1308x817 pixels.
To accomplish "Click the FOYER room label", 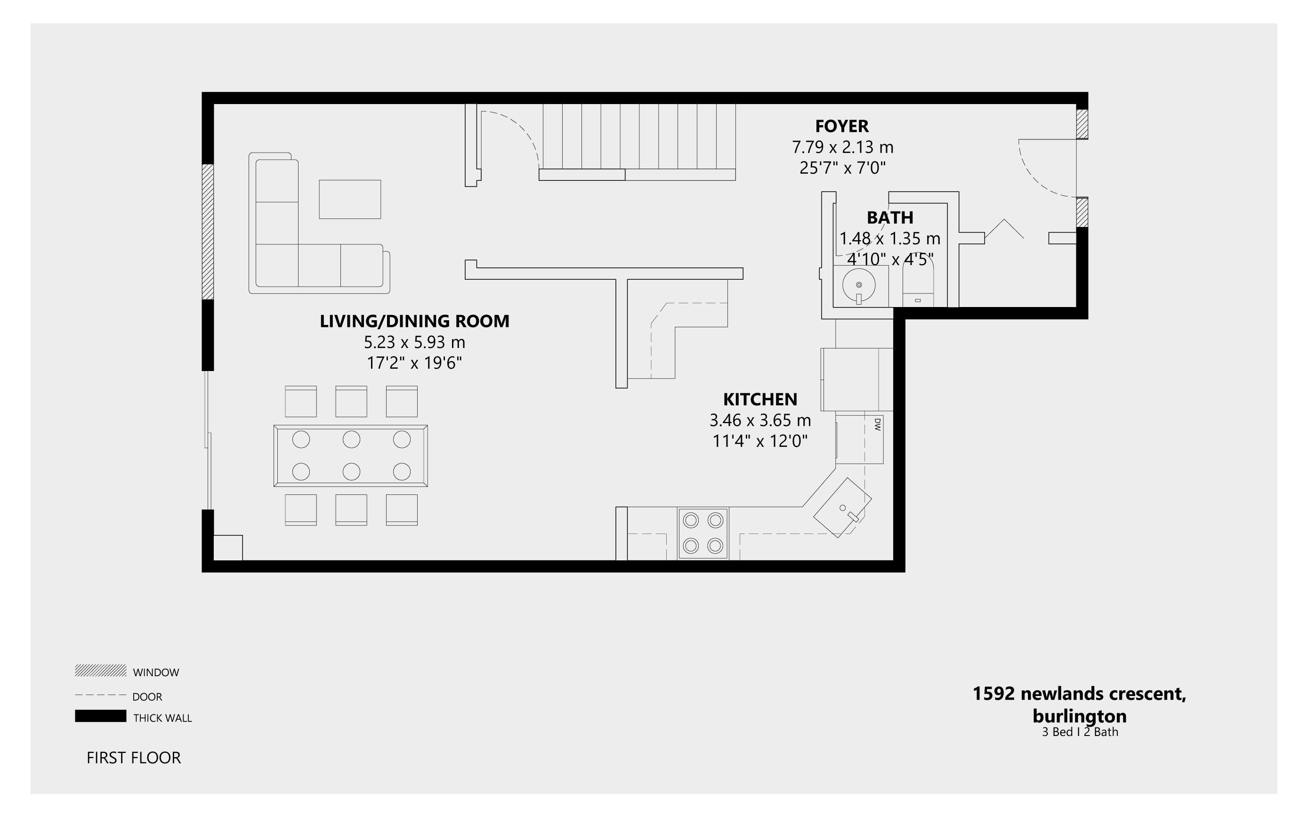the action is click(842, 126).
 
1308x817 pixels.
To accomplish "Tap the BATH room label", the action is click(890, 218).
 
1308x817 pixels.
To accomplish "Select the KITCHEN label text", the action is click(760, 399).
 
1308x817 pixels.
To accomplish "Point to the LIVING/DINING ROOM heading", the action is click(414, 321).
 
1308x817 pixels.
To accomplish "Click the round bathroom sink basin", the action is click(858, 285).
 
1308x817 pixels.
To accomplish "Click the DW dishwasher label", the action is click(877, 424).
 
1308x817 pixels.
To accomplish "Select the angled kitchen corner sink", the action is click(842, 507).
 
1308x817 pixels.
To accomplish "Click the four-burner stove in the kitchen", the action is click(703, 534).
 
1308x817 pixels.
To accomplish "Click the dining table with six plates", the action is click(351, 455).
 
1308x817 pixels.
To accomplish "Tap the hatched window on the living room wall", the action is click(208, 231).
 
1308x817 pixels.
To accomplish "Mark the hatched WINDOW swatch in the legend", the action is click(100, 671).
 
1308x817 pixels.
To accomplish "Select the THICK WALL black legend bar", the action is click(100, 716).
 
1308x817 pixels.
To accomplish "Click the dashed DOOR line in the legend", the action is click(100, 695).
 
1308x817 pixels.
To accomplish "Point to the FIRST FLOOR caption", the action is click(133, 758).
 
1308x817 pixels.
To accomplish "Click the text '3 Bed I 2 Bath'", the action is click(1080, 732).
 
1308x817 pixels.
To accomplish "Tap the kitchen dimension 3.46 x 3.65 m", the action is click(760, 420).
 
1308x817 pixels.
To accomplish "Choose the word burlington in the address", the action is click(1080, 716).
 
